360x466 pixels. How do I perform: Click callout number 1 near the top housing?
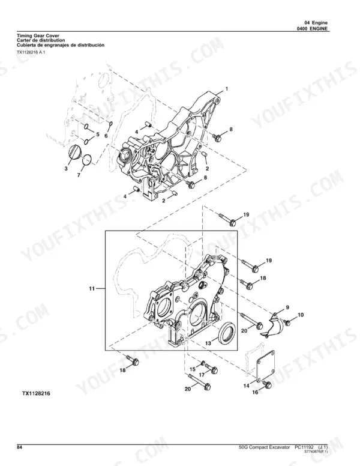(x=227, y=89)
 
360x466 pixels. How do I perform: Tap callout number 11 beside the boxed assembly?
(x=92, y=288)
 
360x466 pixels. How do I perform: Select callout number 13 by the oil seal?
(x=208, y=343)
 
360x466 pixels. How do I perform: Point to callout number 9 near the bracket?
(x=287, y=307)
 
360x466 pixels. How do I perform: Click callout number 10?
(x=301, y=315)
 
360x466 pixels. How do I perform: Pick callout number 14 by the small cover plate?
(x=246, y=386)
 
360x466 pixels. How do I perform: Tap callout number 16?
(x=255, y=392)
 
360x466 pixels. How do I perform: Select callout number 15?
(x=193, y=369)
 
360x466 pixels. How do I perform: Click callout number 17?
(x=202, y=375)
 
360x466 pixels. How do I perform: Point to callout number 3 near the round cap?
(x=66, y=169)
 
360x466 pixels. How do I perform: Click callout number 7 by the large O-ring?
(x=79, y=175)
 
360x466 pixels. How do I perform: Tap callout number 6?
(x=106, y=136)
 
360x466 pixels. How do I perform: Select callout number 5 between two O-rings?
(x=98, y=135)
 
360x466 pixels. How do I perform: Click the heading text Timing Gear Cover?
(x=38, y=36)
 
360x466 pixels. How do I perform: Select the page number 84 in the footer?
(x=19, y=447)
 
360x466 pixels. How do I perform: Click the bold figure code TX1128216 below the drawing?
(x=36, y=393)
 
